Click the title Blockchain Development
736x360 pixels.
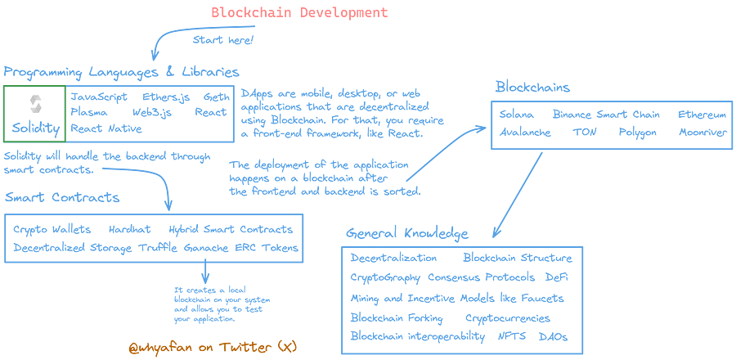click(x=299, y=12)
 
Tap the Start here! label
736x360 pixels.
click(x=223, y=39)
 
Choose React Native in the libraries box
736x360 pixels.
click(x=107, y=128)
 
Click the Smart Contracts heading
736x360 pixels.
click(x=62, y=197)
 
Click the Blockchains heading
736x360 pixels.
click(x=532, y=87)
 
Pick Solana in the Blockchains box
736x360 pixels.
click(x=517, y=114)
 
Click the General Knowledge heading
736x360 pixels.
click(x=406, y=233)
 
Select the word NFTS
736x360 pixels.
click(x=513, y=336)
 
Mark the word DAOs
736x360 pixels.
click(x=554, y=336)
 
